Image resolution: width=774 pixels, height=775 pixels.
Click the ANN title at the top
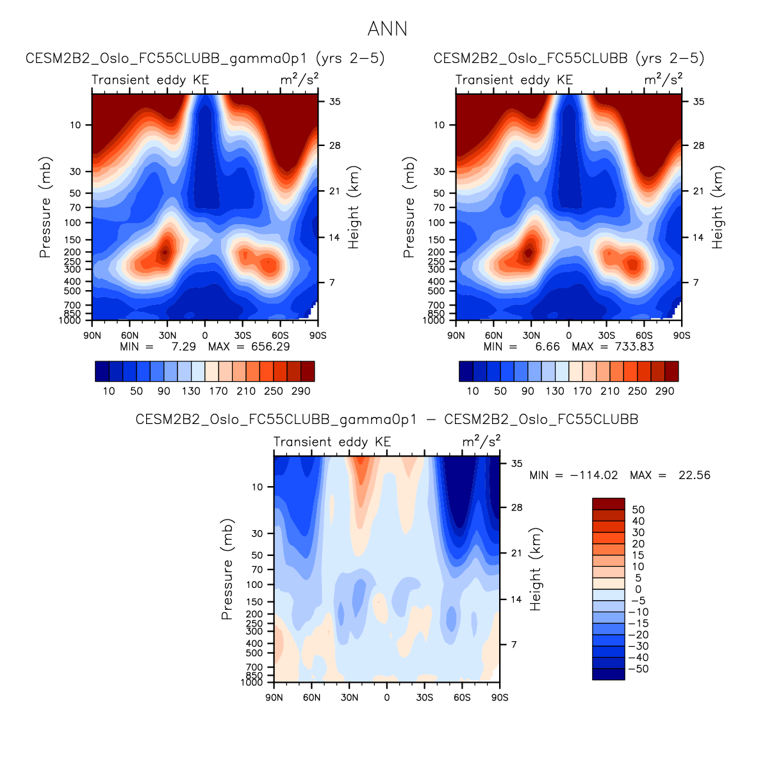[x=387, y=29]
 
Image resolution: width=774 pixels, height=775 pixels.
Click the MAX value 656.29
[x=269, y=347]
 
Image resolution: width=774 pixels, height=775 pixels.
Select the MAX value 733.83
[x=633, y=347]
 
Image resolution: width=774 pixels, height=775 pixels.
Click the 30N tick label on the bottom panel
[x=349, y=697]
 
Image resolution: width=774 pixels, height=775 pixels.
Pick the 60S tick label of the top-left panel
[x=280, y=336]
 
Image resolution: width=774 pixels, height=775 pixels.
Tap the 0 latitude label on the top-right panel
[x=569, y=336]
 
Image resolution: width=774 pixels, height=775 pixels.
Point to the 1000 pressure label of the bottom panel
[x=252, y=682]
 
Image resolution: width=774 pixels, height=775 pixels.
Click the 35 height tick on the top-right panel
[x=698, y=101]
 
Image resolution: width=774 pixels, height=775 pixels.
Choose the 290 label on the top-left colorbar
[x=301, y=391]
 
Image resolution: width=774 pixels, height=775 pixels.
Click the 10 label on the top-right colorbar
[x=473, y=391]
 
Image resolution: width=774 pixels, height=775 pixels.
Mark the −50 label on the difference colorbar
[x=638, y=669]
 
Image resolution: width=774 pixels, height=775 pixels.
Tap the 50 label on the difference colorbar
[x=638, y=510]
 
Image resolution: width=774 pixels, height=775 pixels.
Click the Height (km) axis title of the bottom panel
[x=536, y=569]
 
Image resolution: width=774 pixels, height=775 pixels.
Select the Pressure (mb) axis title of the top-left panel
[x=45, y=208]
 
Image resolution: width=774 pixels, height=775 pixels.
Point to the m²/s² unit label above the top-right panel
[x=663, y=79]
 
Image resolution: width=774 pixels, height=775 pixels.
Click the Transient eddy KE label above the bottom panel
[x=332, y=442]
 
